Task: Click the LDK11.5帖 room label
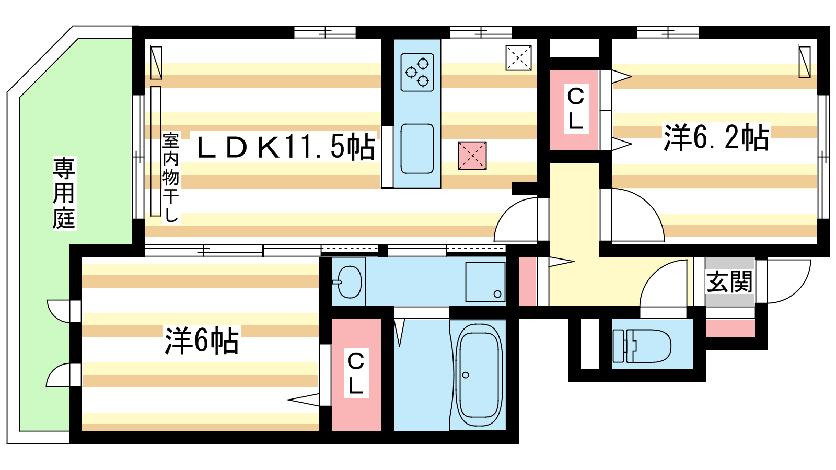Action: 286,147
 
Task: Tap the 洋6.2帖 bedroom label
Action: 716,137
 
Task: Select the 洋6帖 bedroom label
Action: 202,340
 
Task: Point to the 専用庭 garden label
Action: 64,193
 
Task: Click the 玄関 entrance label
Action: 729,281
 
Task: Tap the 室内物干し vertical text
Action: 170,178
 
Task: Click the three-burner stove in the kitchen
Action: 417,73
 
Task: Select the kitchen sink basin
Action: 417,149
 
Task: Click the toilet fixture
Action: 642,346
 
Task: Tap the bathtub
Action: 479,375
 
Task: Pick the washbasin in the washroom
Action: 348,282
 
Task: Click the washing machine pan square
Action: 485,282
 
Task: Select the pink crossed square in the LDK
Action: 472,156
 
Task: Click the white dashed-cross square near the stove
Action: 518,58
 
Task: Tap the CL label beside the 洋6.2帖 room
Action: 575,109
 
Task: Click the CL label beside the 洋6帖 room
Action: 356,373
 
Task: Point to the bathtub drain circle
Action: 466,375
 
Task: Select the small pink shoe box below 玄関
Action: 730,328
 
